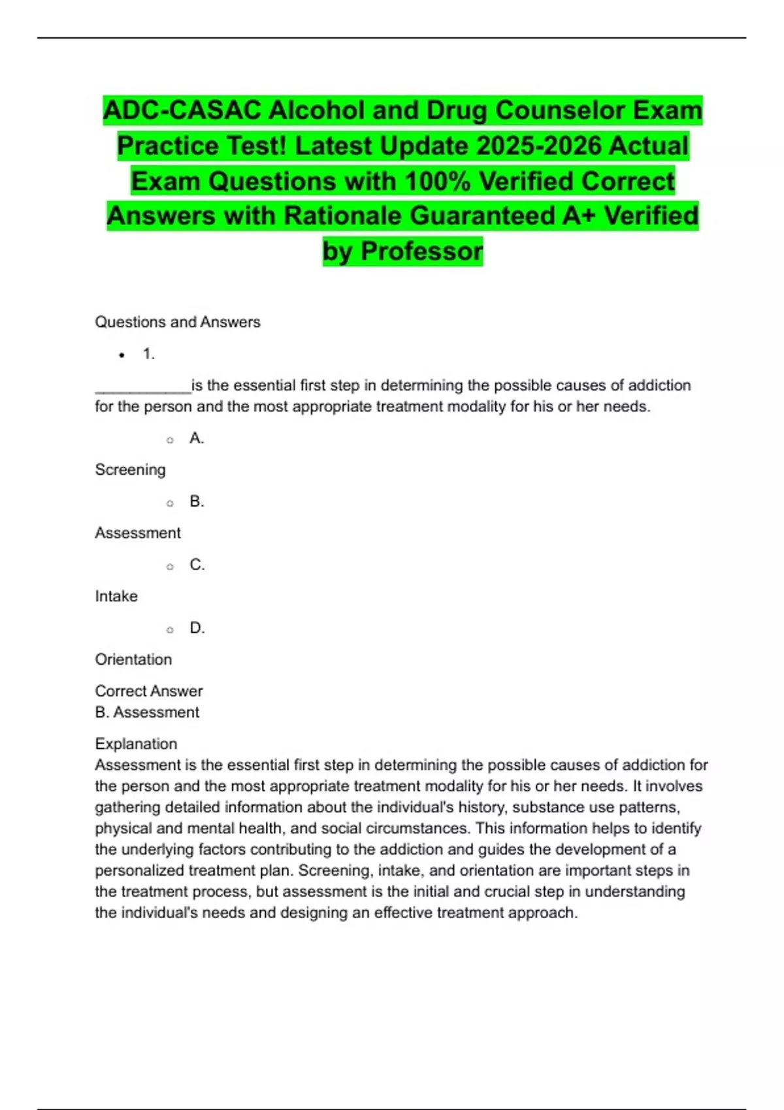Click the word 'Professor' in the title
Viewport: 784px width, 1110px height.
[x=422, y=251]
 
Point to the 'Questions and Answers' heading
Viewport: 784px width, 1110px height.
[x=177, y=322]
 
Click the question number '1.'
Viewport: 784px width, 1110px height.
[x=149, y=354]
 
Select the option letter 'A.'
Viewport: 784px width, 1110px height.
[x=197, y=438]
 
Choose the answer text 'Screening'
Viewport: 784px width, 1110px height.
[x=130, y=469]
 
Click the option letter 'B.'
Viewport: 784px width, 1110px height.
[x=197, y=501]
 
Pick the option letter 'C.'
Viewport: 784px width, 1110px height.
[x=197, y=565]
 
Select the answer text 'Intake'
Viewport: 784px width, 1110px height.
[x=116, y=596]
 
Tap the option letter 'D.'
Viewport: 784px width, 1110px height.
[x=197, y=628]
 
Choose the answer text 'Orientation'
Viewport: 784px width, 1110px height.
[x=133, y=659]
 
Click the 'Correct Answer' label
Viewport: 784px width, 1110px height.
[x=148, y=691]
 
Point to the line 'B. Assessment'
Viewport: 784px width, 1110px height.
[x=147, y=712]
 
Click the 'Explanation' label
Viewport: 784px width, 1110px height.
[x=136, y=744]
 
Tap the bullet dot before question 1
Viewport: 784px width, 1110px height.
[x=122, y=355]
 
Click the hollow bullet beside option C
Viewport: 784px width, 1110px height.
[x=170, y=567]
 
